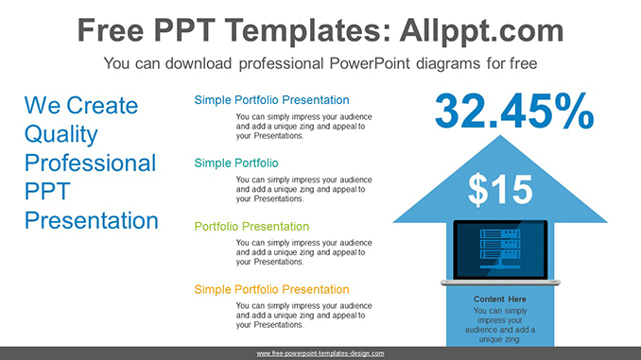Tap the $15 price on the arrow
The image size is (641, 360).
coord(500,190)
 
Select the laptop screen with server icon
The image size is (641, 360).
coord(500,249)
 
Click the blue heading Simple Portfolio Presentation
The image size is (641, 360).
coord(271,100)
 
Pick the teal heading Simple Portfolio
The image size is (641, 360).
coord(235,163)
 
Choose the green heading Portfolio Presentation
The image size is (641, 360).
coord(251,227)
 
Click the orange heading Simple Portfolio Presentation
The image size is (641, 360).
coord(271,289)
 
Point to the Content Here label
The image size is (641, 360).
coord(500,300)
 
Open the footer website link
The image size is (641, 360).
coord(320,352)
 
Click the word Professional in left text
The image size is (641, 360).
coord(90,163)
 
